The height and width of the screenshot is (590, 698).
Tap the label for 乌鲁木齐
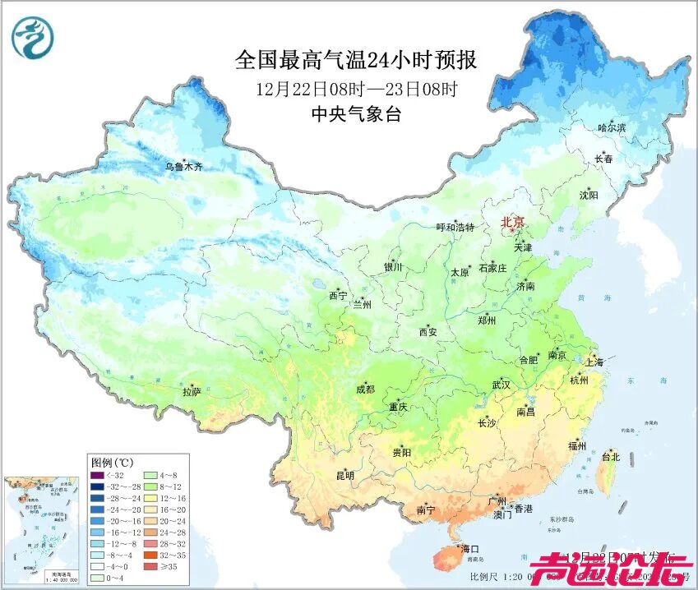183,167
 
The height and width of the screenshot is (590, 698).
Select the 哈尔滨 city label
612,127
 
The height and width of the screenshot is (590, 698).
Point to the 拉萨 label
192,394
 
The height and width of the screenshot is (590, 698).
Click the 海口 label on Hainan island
469,548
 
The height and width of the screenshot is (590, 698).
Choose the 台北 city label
611,456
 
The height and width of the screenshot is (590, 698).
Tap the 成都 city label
365,389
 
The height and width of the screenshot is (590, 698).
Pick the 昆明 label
344,476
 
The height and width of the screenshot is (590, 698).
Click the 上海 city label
594,362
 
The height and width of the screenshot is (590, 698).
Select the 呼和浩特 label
455,228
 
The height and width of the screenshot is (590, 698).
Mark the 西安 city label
428,332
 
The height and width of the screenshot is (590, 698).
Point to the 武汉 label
501,385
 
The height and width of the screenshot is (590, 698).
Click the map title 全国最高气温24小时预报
356,61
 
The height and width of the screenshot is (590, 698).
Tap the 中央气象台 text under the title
355,115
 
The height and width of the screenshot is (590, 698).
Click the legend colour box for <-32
98,474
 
